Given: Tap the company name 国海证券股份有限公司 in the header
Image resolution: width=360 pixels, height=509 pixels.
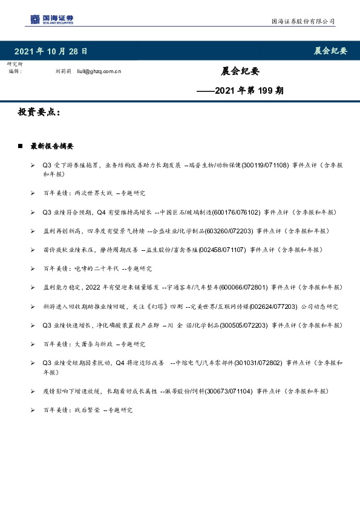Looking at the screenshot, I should [302, 21].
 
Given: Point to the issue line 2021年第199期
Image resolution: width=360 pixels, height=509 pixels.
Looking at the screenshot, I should [240, 91].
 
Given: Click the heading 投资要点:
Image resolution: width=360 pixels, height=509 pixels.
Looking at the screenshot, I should [39, 112].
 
